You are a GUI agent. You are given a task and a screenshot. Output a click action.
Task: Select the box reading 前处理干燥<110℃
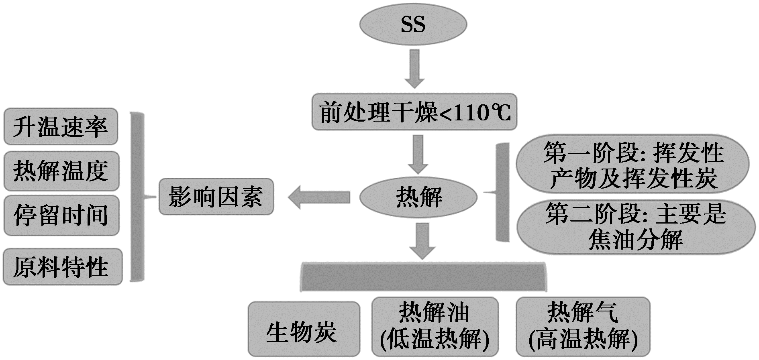414,112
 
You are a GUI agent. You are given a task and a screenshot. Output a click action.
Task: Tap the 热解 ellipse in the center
418,197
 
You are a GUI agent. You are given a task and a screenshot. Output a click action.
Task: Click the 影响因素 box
216,197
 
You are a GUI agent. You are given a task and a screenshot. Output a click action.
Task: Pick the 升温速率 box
61,126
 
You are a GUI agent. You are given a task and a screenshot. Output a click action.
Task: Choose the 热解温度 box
61,171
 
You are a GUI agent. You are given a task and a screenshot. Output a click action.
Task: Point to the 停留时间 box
61,216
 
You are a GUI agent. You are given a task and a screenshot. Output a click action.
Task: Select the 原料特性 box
62,267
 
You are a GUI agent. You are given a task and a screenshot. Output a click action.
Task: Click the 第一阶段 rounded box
632,165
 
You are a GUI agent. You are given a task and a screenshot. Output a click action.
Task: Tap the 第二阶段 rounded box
635,227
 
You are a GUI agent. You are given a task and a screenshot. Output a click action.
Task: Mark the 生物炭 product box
304,329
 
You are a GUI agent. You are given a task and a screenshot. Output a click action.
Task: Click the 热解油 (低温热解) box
435,327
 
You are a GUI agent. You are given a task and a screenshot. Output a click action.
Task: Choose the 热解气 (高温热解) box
583,327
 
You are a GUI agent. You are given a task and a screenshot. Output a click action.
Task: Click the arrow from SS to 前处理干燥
414,68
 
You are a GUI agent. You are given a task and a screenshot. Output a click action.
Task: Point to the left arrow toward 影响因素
319,197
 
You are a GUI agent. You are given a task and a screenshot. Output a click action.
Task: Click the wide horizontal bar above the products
423,277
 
